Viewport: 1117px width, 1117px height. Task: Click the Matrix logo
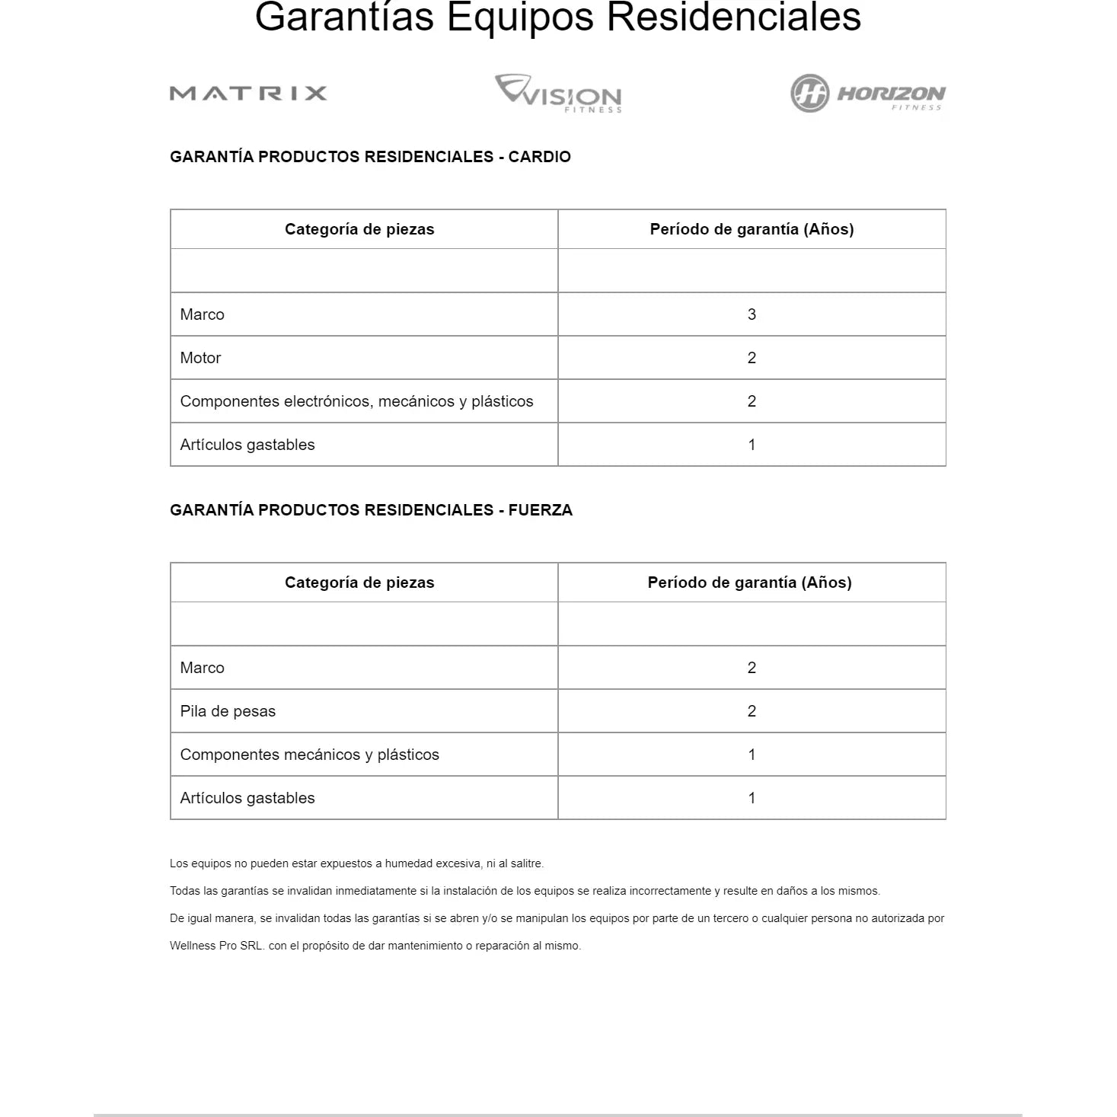click(248, 94)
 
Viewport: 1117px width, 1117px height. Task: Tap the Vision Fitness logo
click(558, 94)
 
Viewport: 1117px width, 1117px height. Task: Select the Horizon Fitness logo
click(867, 94)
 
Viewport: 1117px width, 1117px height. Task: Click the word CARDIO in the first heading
click(539, 157)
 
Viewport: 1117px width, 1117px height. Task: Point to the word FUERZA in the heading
click(540, 510)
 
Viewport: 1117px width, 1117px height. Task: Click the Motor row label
click(200, 358)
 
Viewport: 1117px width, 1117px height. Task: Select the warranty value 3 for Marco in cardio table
click(752, 314)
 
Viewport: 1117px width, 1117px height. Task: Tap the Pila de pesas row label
click(228, 711)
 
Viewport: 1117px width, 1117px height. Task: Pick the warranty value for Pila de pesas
click(752, 711)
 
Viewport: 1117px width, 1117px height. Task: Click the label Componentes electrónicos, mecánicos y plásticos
click(356, 401)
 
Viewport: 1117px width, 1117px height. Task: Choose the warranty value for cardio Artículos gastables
click(752, 445)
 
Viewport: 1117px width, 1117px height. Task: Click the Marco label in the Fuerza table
click(202, 668)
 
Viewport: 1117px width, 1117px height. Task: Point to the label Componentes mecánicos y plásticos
click(309, 755)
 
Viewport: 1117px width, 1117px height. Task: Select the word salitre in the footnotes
click(526, 863)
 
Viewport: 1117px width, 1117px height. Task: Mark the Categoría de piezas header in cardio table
click(359, 229)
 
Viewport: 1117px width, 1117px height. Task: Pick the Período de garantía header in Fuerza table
click(749, 582)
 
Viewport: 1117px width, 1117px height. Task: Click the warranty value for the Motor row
click(752, 358)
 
